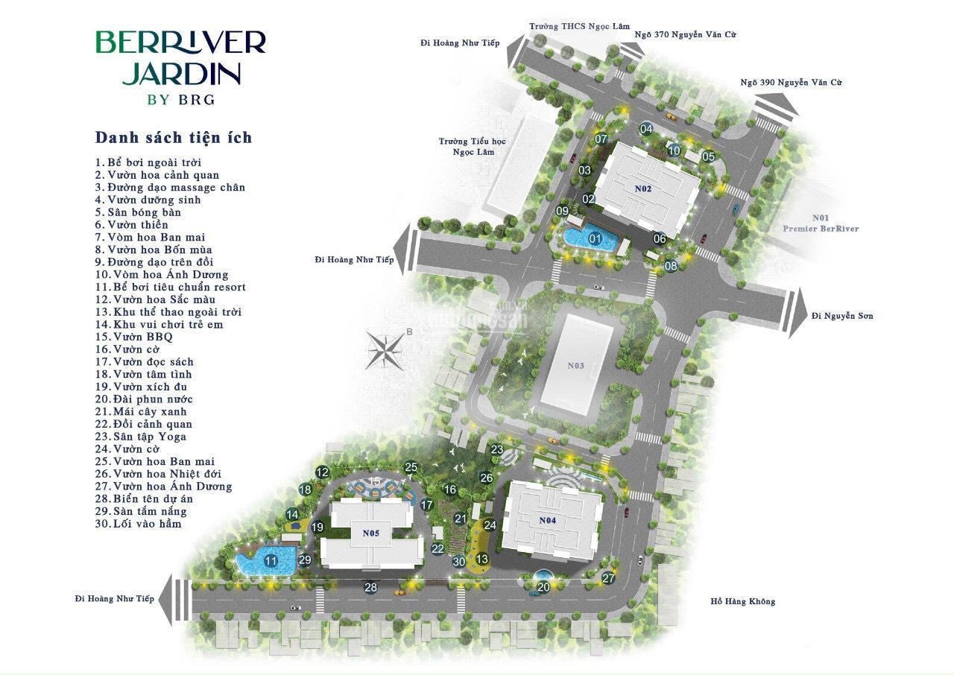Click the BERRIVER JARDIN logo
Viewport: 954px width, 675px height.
click(181, 67)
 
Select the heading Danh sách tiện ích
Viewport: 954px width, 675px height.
click(174, 138)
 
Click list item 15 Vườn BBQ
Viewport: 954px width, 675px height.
click(134, 337)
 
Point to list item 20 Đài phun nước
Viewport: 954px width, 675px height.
click(144, 399)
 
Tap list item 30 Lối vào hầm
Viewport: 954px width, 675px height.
click(139, 524)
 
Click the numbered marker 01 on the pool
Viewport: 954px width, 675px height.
click(595, 238)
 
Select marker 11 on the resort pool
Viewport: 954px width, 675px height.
click(271, 561)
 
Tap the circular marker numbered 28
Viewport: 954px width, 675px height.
click(370, 587)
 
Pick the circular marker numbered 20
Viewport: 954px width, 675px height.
click(543, 587)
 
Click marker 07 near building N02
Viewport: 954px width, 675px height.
click(601, 139)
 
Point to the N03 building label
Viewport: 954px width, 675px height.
click(576, 366)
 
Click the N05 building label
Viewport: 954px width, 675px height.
click(371, 533)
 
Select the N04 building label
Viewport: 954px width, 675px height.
click(548, 520)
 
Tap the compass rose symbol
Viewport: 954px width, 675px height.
click(385, 351)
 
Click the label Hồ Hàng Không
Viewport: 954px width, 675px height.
click(743, 601)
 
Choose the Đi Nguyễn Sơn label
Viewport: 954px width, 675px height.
click(842, 316)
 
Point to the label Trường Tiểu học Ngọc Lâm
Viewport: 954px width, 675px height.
click(473, 147)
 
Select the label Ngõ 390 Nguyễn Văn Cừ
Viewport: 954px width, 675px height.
click(791, 83)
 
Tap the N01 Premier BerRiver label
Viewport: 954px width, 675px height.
click(821, 223)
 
